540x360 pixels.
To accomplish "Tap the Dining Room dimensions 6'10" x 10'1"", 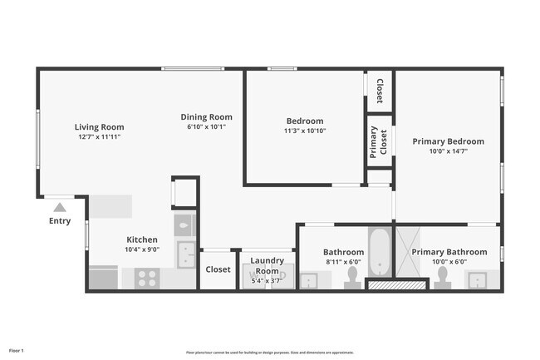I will pos(206,127).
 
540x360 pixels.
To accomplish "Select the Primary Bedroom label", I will pos(448,141).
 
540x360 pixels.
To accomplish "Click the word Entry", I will pos(60,221).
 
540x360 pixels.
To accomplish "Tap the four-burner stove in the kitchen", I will pos(147,278).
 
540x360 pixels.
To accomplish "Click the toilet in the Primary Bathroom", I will pos(442,284).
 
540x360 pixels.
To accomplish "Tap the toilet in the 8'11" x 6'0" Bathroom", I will pos(352,284).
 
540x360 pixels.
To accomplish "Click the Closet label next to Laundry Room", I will pos(218,269).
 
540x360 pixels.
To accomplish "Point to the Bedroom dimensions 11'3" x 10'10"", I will pos(305,131).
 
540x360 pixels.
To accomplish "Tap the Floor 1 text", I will pos(17,351).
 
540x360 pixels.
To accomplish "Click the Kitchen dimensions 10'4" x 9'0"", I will pos(142,249).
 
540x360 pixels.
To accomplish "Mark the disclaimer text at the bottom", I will pos(269,352).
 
